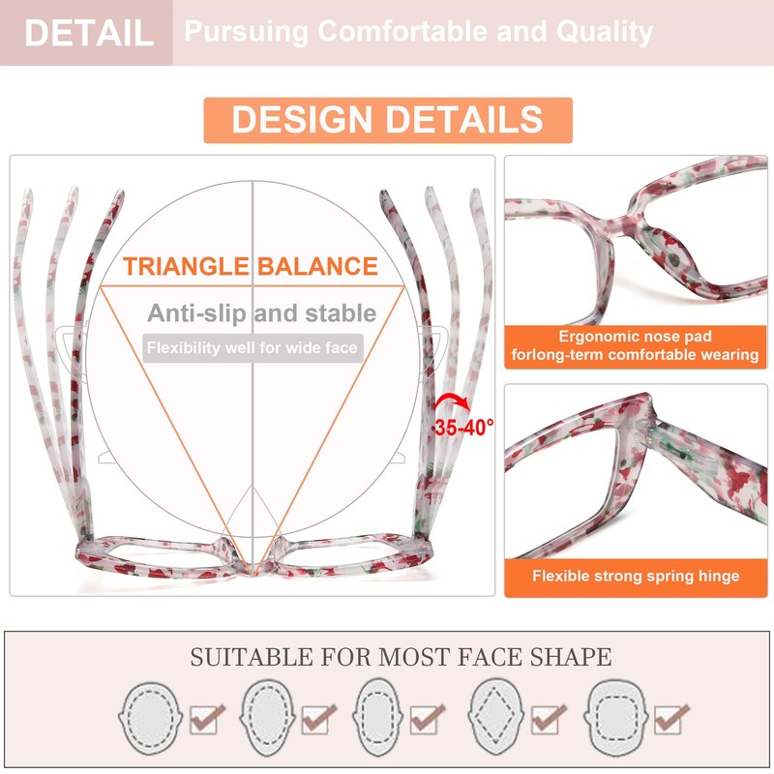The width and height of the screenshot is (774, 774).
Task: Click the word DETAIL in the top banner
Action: (x=88, y=33)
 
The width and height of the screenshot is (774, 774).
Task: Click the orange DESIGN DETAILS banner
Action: (x=387, y=120)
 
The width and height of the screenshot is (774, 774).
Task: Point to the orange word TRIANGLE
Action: (x=185, y=267)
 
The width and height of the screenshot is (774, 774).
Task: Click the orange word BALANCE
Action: (x=317, y=267)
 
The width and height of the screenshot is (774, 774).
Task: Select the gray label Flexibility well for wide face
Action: (x=252, y=347)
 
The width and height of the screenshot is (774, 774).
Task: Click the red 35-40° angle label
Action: (x=463, y=427)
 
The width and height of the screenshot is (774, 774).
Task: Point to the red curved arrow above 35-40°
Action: (x=452, y=401)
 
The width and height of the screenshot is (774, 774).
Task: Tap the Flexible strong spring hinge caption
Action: (x=635, y=577)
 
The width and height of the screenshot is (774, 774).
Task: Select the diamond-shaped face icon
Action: (x=497, y=717)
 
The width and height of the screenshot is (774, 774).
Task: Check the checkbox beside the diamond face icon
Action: (x=549, y=719)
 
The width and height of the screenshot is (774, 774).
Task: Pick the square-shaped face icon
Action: (x=617, y=717)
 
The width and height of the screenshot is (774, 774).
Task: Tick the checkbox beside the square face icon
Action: (x=670, y=719)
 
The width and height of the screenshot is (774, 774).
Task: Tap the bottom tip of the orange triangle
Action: (x=253, y=569)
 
